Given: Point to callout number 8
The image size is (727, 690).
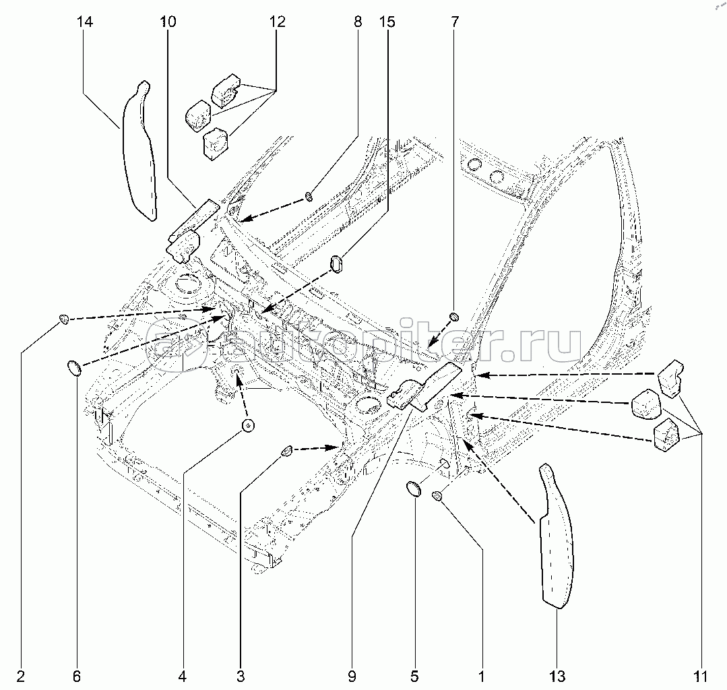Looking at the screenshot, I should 357,22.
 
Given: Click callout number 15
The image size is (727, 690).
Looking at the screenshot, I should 386,22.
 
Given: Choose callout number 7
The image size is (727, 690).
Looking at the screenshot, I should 454,22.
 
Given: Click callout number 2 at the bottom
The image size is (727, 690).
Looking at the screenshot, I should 21,675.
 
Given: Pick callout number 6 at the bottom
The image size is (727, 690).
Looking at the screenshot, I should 76,675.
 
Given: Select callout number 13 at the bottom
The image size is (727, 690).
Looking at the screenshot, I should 557,675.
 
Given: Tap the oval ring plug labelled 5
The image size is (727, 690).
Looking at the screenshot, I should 415,489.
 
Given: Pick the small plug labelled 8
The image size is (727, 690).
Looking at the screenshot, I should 309,196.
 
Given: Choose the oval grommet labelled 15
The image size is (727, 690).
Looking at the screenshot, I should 338,263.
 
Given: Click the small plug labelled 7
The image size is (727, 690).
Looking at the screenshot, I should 454,316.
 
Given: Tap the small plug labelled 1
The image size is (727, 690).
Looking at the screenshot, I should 437,497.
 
